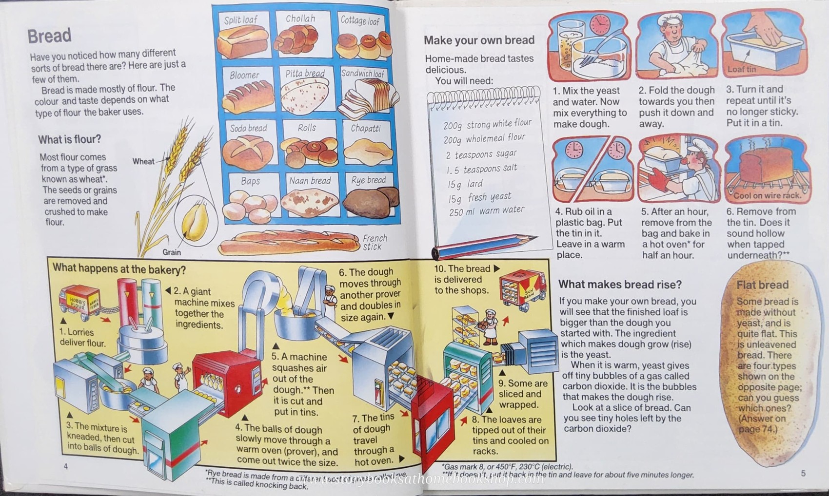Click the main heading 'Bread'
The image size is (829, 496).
pyautogui.click(x=49, y=36)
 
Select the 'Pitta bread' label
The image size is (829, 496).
pyautogui.click(x=305, y=74)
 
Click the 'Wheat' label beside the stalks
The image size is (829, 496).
pyautogui.click(x=143, y=161)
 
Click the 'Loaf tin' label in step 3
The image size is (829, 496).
pyautogui.click(x=741, y=70)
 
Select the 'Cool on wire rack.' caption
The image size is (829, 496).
pyautogui.click(x=767, y=195)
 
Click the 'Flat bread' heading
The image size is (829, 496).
pyautogui.click(x=762, y=285)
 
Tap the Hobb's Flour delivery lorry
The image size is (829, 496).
pyautogui.click(x=79, y=301)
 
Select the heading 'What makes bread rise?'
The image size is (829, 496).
pyautogui.click(x=619, y=285)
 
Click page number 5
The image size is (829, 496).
pyautogui.click(x=803, y=473)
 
